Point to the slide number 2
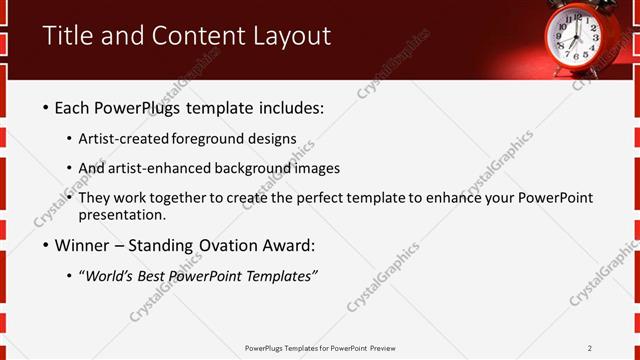[590, 347]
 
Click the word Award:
[285, 245]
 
